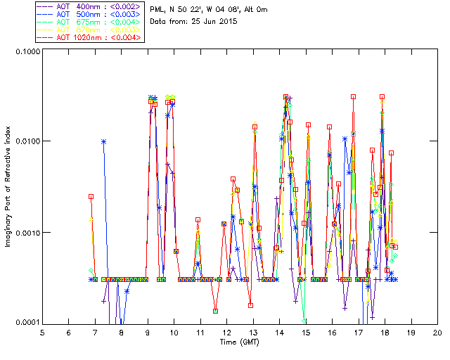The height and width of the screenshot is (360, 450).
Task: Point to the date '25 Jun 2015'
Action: point(214,21)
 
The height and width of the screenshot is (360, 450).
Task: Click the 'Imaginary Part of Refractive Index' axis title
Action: point(10,187)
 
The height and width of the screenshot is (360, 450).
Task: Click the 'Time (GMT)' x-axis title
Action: point(240,342)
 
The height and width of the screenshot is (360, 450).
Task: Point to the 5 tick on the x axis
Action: point(42,332)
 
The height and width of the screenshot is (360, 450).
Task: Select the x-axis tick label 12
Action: point(226,332)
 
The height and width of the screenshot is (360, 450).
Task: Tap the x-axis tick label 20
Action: point(437,332)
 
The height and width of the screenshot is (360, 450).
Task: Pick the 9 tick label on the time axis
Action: point(148,332)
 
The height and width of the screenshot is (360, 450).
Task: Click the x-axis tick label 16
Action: point(332,332)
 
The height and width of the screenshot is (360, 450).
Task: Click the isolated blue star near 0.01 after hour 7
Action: point(104,141)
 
